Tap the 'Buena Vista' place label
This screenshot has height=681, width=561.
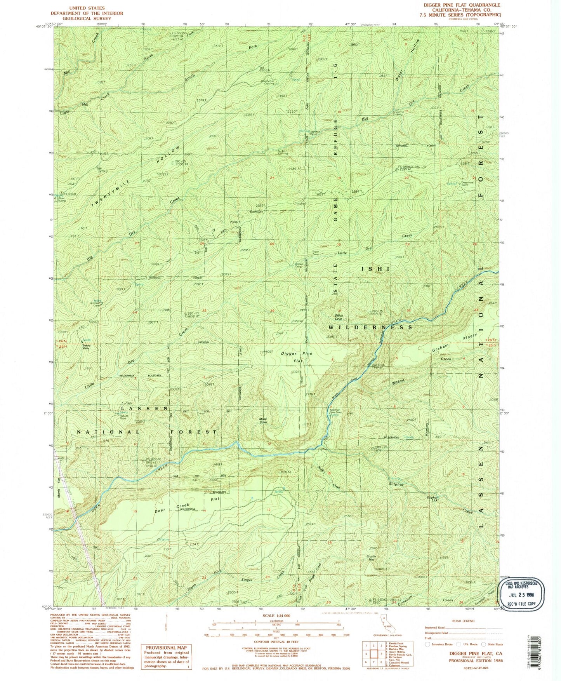tap(85, 347)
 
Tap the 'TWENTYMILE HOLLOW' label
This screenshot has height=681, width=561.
tap(136, 177)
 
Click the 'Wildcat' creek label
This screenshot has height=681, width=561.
tap(396, 381)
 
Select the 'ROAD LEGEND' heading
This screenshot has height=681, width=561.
tap(463, 621)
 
